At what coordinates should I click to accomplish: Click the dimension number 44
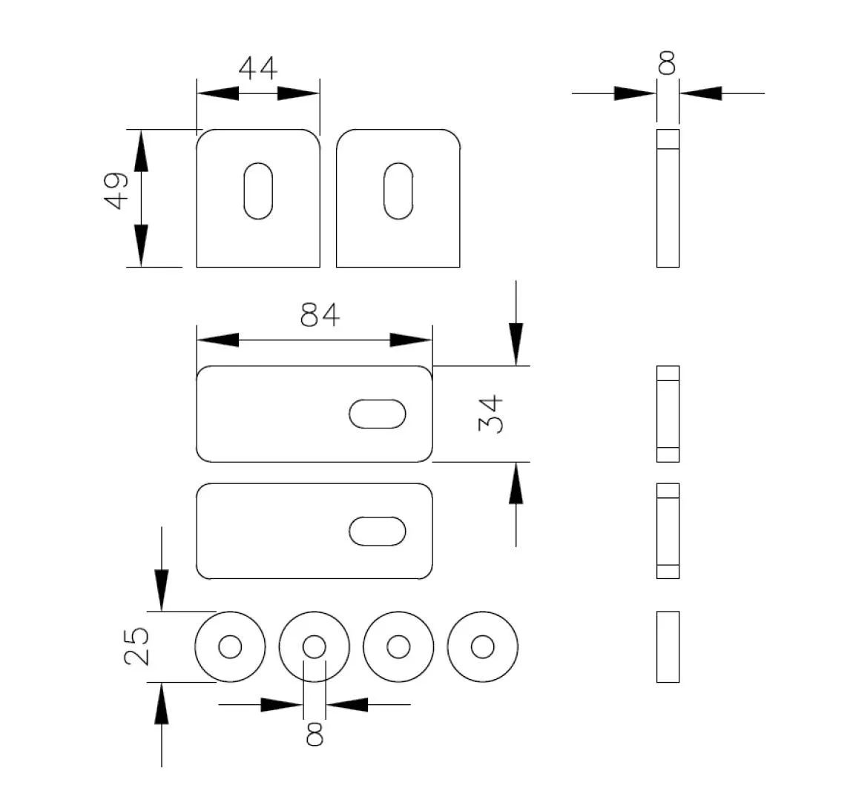(257, 68)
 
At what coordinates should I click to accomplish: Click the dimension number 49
(116, 191)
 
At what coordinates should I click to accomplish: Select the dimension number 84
(320, 315)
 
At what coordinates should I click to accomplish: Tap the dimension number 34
(490, 414)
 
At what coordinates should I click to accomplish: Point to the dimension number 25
(137, 646)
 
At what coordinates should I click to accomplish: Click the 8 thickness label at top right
(667, 63)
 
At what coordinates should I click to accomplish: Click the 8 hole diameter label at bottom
(314, 734)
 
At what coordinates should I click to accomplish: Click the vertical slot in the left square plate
(258, 191)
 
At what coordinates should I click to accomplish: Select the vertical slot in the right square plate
(398, 191)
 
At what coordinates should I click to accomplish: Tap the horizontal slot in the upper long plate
(378, 414)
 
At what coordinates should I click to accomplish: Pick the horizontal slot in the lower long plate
(378, 532)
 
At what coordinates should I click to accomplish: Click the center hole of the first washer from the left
(230, 646)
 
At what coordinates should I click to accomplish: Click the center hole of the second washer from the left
(314, 646)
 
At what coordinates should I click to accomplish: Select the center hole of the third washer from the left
(398, 646)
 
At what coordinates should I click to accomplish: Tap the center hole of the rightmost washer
(483, 646)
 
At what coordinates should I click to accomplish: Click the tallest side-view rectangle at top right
(668, 198)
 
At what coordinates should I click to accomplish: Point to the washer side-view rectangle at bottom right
(668, 646)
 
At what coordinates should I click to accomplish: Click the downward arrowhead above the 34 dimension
(516, 345)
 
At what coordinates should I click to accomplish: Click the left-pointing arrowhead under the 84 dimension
(217, 340)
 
